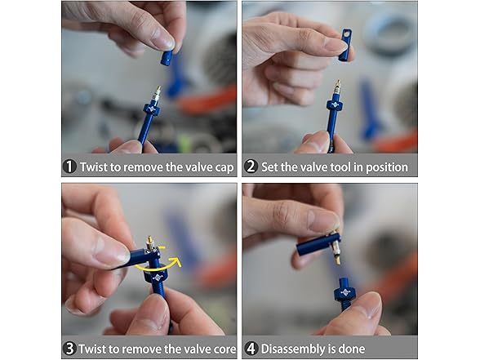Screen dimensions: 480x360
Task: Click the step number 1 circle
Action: point(69,167)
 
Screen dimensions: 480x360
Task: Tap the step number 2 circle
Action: point(251,167)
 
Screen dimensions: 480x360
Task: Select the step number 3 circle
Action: point(69,349)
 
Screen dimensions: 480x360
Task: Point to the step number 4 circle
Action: point(251,349)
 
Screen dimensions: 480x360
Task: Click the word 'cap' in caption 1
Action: point(224,168)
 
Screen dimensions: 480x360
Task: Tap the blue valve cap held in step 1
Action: point(167,58)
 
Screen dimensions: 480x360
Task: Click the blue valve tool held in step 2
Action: point(345,45)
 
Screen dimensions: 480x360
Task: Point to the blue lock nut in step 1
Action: point(152,110)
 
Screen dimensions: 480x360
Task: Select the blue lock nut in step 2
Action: point(335,106)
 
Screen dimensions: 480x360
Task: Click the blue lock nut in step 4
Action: point(345,293)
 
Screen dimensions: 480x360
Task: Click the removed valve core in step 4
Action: point(336,249)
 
